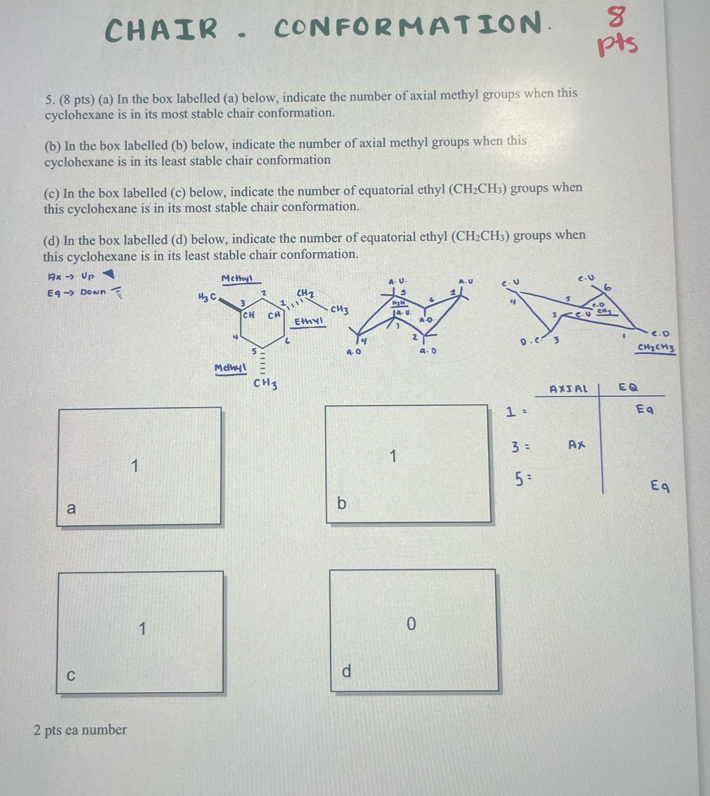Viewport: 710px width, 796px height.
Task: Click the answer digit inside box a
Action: pos(135,466)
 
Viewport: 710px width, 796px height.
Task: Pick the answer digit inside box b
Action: pos(393,456)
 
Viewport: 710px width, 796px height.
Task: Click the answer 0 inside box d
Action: pos(411,624)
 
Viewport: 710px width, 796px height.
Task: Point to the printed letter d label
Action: pos(346,671)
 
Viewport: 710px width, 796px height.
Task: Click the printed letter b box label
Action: pos(341,503)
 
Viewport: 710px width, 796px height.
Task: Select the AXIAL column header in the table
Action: pos(568,389)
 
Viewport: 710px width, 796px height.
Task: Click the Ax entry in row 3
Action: pos(577,444)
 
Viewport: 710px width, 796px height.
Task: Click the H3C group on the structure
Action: pos(207,297)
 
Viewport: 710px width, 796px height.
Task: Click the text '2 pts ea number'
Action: pos(80,730)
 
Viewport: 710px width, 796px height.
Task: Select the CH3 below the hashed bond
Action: pos(265,383)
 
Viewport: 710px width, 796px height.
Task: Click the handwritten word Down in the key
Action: pos(93,292)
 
